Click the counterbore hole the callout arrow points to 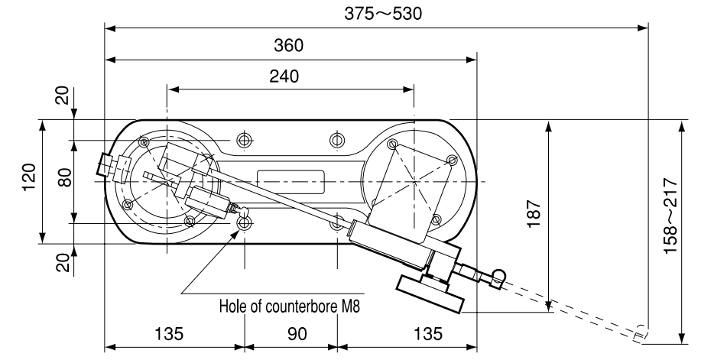[245, 223]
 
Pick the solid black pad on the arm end [429, 294]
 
